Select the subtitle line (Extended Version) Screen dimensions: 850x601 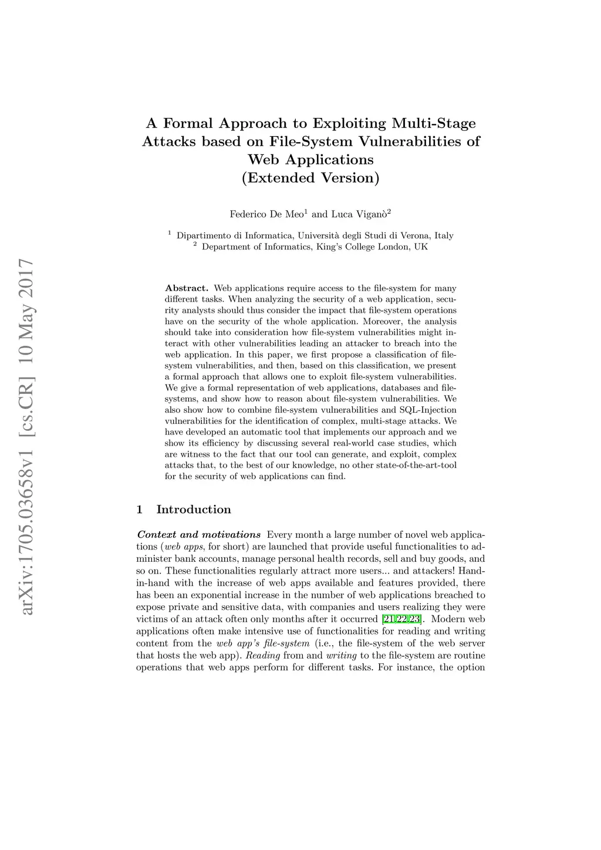[310, 178]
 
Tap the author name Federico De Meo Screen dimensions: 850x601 [265, 215]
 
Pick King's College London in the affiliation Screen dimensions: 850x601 [363, 247]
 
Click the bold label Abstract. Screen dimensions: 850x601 [187, 288]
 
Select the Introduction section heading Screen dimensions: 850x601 [194, 510]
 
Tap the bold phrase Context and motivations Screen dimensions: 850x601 [198, 535]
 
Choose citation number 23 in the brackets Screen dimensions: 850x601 [415, 619]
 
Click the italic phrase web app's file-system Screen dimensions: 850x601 [263, 643]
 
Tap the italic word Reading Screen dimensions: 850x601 [262, 656]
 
